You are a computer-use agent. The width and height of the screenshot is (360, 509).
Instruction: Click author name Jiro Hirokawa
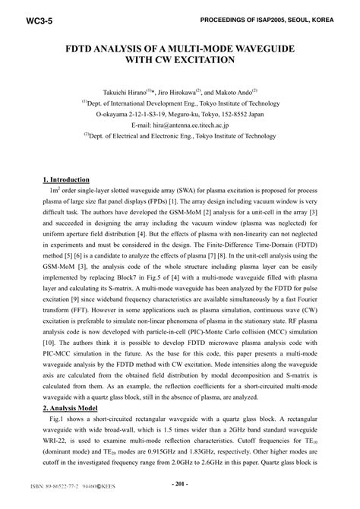coord(199,90)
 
